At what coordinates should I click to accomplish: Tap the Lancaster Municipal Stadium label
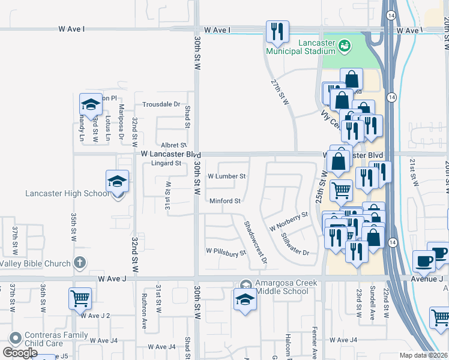pos(312,50)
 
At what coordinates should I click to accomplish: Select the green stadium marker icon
pos(344,45)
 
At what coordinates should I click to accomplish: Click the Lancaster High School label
pos(67,193)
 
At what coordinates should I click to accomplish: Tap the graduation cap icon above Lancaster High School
pos(117,181)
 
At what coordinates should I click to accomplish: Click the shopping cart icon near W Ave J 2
pos(80,298)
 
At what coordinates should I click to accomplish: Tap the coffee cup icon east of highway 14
pos(424,261)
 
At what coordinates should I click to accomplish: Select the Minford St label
pos(224,200)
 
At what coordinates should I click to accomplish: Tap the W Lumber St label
pos(226,176)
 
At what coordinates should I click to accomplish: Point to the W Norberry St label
pos(289,221)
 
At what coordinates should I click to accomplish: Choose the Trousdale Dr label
pos(161,104)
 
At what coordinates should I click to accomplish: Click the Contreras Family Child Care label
pos(52,339)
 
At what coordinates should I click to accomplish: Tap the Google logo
pos(20,353)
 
